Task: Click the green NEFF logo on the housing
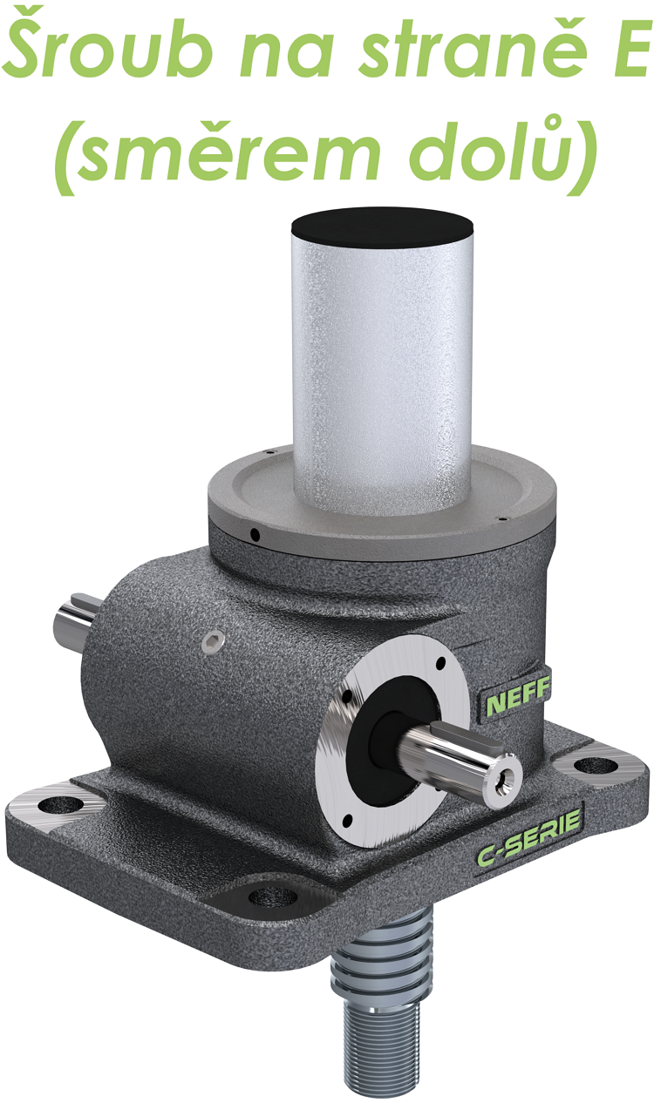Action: tap(516, 698)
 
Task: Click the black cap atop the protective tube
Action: tap(383, 228)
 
